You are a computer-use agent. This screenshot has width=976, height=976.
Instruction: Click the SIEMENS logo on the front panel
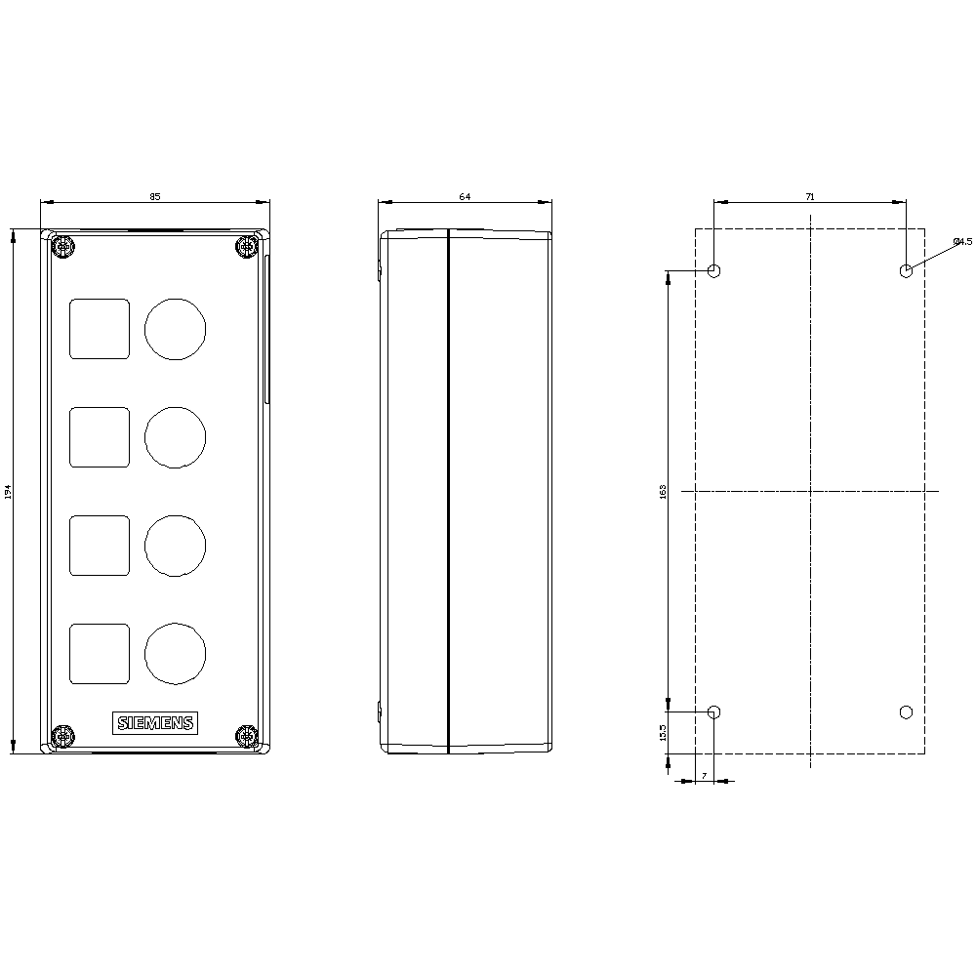[155, 722]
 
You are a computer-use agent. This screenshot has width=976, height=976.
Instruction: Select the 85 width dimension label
[154, 196]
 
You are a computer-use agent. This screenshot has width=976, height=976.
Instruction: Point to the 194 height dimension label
[8, 493]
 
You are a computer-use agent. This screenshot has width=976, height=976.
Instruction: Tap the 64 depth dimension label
[465, 196]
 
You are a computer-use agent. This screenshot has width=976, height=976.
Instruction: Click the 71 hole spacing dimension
[810, 196]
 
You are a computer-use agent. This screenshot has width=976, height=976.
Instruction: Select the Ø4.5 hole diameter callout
[961, 241]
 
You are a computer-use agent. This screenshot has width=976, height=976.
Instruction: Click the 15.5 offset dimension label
[663, 733]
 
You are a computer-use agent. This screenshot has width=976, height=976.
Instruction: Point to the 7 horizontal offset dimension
[704, 775]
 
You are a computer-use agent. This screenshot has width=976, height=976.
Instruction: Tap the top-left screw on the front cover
[63, 248]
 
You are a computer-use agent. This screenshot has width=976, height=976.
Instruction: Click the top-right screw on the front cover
[245, 248]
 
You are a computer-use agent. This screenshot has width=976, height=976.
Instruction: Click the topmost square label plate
[99, 328]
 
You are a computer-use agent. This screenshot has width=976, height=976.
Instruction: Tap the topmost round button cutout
[176, 328]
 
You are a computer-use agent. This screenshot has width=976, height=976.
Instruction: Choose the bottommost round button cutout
[176, 653]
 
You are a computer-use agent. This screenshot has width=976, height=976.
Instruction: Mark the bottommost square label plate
[99, 653]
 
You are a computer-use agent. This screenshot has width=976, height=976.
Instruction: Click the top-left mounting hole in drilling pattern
[714, 270]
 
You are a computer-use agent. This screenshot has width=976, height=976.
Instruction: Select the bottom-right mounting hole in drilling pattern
[906, 712]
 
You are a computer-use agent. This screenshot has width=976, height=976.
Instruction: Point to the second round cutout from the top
[176, 436]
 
